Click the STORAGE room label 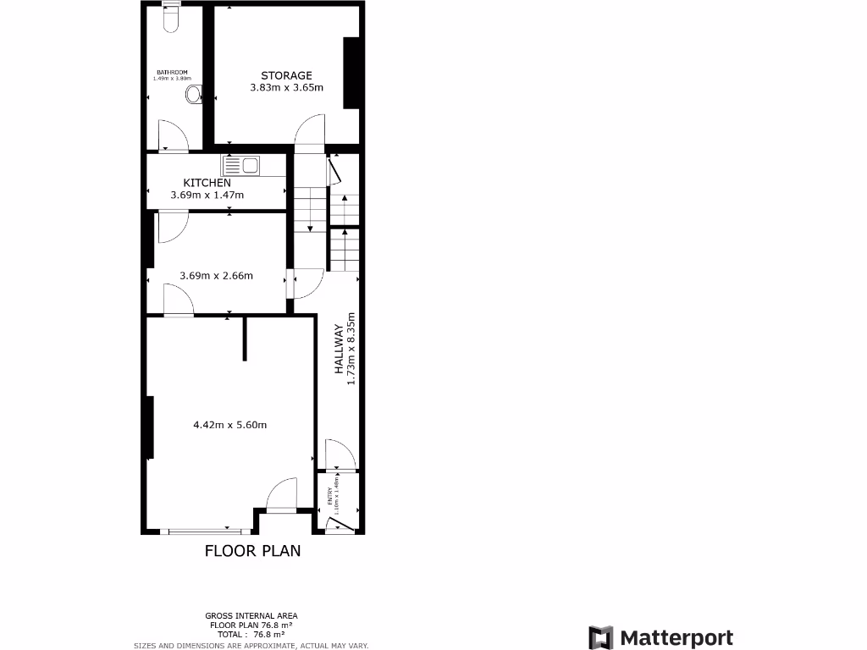[x=286, y=75]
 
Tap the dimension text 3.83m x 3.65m [x=286, y=87]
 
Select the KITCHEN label [x=207, y=183]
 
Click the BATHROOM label [x=172, y=72]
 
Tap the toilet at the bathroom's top [x=171, y=18]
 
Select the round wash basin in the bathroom [x=195, y=94]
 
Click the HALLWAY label [x=339, y=349]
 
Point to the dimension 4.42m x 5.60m [x=230, y=425]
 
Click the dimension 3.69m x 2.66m [x=216, y=275]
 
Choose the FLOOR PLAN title [x=252, y=551]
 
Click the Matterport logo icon [x=601, y=638]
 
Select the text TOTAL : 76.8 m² [x=251, y=634]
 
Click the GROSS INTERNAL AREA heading [x=251, y=615]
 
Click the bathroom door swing [x=173, y=135]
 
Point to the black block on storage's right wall [x=350, y=74]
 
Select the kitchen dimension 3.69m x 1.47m [x=207, y=196]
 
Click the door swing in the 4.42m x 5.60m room [x=282, y=493]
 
